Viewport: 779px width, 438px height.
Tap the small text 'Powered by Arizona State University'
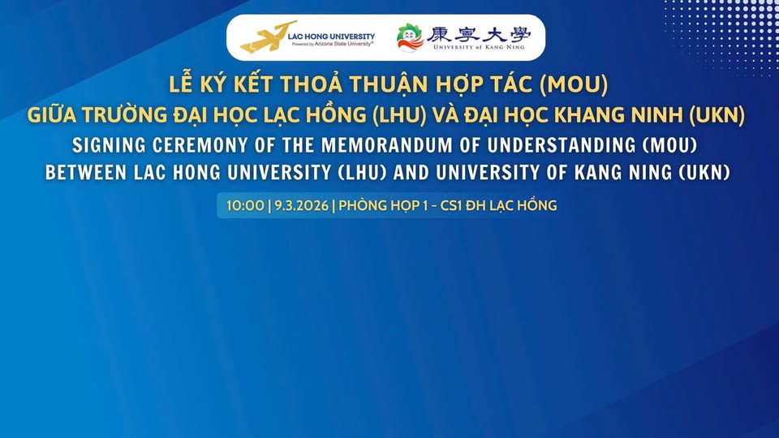tap(333, 44)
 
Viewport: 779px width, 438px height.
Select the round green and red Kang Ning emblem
tap(411, 37)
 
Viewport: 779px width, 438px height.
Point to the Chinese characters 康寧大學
tap(479, 33)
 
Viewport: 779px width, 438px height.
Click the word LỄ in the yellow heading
tap(181, 83)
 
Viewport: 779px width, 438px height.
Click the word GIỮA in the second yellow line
tap(52, 114)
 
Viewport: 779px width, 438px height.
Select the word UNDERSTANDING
tap(562, 145)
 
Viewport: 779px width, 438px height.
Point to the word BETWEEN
tap(86, 172)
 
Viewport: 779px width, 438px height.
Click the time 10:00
tap(245, 205)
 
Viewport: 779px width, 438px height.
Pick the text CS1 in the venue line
tap(451, 205)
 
